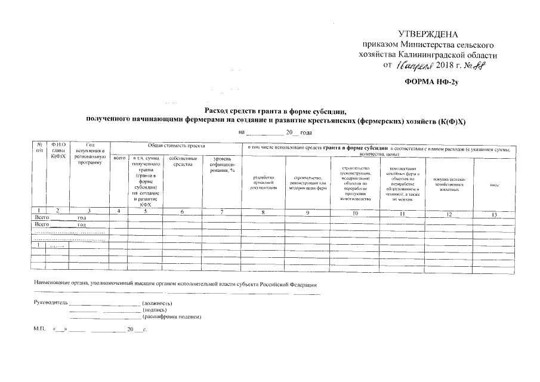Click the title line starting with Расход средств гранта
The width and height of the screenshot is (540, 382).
click(276, 112)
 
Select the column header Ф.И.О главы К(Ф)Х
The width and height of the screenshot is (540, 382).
click(58, 150)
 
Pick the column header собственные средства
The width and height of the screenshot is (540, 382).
click(182, 162)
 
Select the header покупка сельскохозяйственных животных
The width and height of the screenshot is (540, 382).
click(449, 182)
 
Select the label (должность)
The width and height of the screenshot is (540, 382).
click(157, 303)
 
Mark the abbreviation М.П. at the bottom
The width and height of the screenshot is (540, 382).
click(40, 329)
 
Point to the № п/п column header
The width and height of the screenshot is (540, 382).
click(39, 147)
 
